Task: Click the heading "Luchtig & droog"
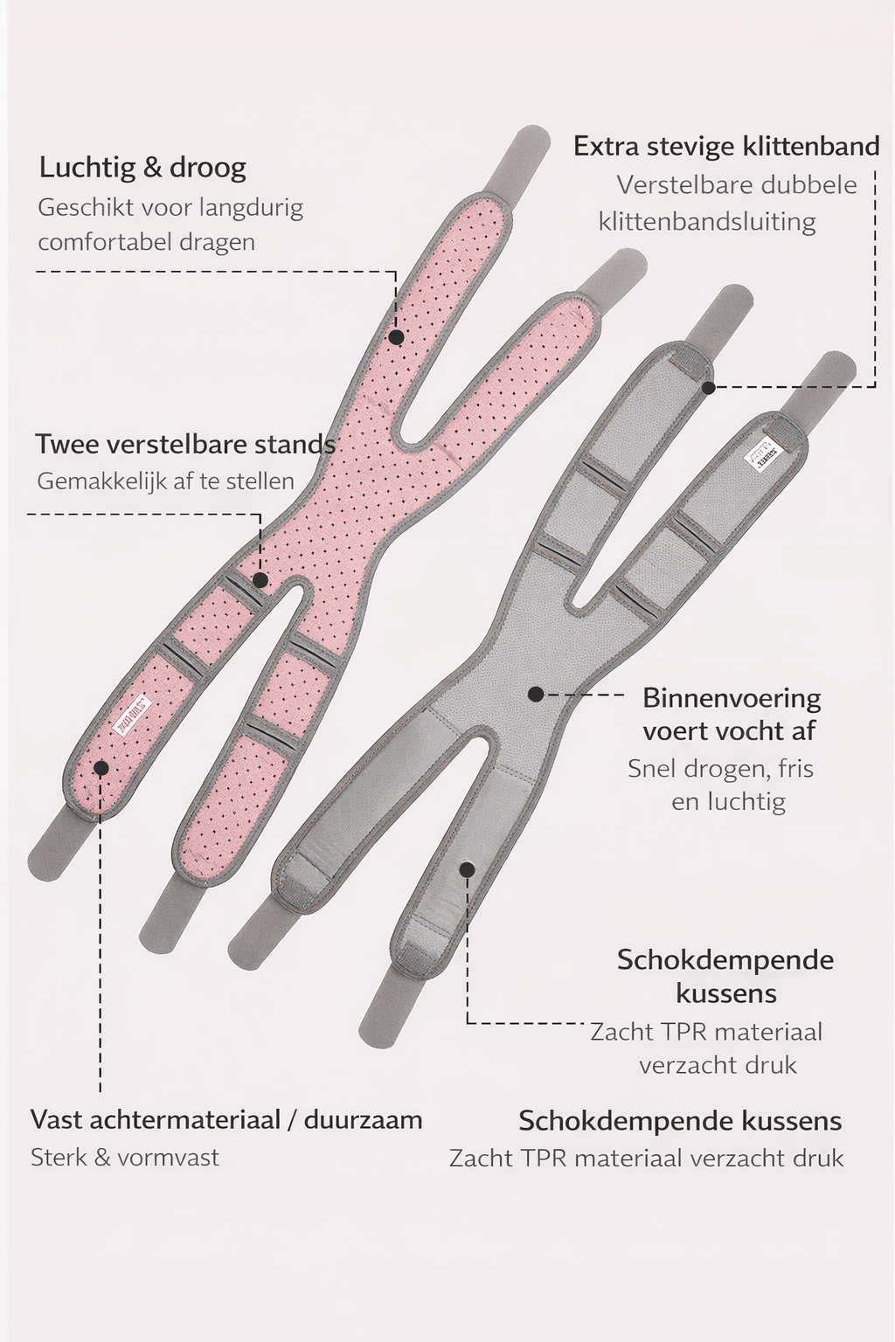tap(142, 167)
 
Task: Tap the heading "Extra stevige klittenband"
tap(726, 146)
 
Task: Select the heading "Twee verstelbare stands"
tap(185, 444)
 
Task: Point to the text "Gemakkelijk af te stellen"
tap(165, 481)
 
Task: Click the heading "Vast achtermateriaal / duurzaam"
tap(226, 1119)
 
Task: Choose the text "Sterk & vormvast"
tap(125, 1158)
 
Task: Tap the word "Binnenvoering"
tap(732, 698)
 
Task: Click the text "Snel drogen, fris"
tap(720, 769)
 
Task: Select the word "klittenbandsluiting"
tap(707, 221)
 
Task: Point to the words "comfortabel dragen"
tap(146, 241)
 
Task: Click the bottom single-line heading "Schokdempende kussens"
tap(680, 1121)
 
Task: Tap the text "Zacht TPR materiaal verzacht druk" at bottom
tap(647, 1159)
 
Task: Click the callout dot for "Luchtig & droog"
tap(396, 336)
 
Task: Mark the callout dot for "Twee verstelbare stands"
tap(260, 579)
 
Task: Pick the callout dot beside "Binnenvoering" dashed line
tap(536, 694)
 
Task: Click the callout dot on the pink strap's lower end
tap(101, 768)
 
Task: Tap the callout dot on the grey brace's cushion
tap(468, 869)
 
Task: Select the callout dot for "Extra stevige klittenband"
tap(709, 386)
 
